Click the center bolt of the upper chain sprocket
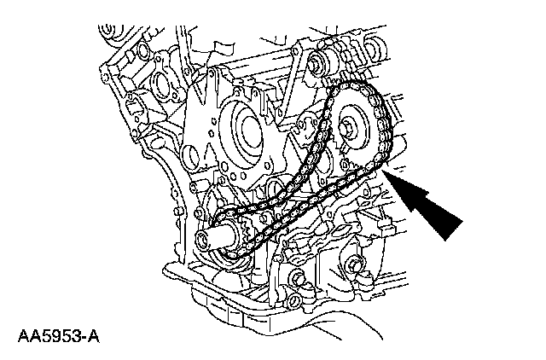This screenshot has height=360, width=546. pyautogui.click(x=351, y=129)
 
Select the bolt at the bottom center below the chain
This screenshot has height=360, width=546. pyautogui.click(x=298, y=277)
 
